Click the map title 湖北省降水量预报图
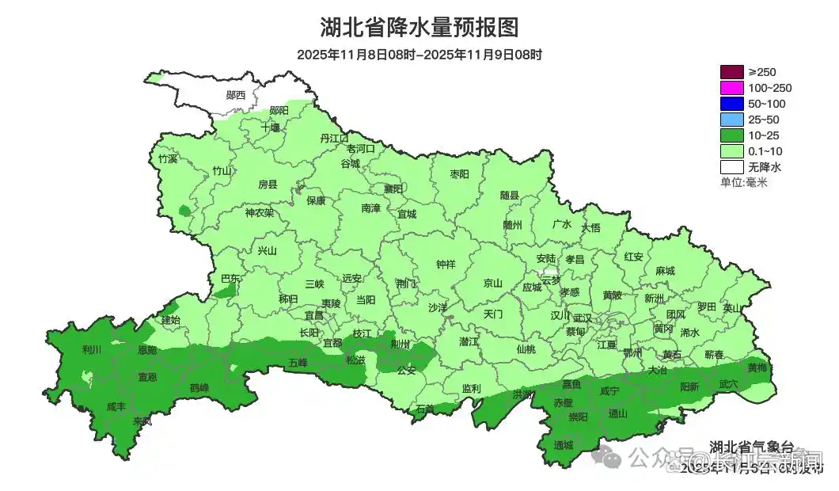[419, 28]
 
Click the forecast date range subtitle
[419, 55]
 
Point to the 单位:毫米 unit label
[744, 182]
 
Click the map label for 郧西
[236, 95]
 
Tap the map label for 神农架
[259, 212]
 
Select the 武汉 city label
[583, 317]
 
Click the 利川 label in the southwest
[92, 349]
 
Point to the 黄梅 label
[757, 367]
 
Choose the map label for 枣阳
[459, 173]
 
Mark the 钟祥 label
[446, 265]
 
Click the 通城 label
[564, 445]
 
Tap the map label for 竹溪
[168, 158]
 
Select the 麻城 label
[665, 271]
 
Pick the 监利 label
[471, 388]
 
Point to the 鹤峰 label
[199, 388]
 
